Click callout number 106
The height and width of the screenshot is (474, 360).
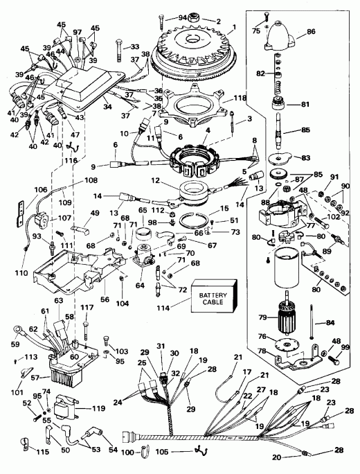(x=21, y=189)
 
